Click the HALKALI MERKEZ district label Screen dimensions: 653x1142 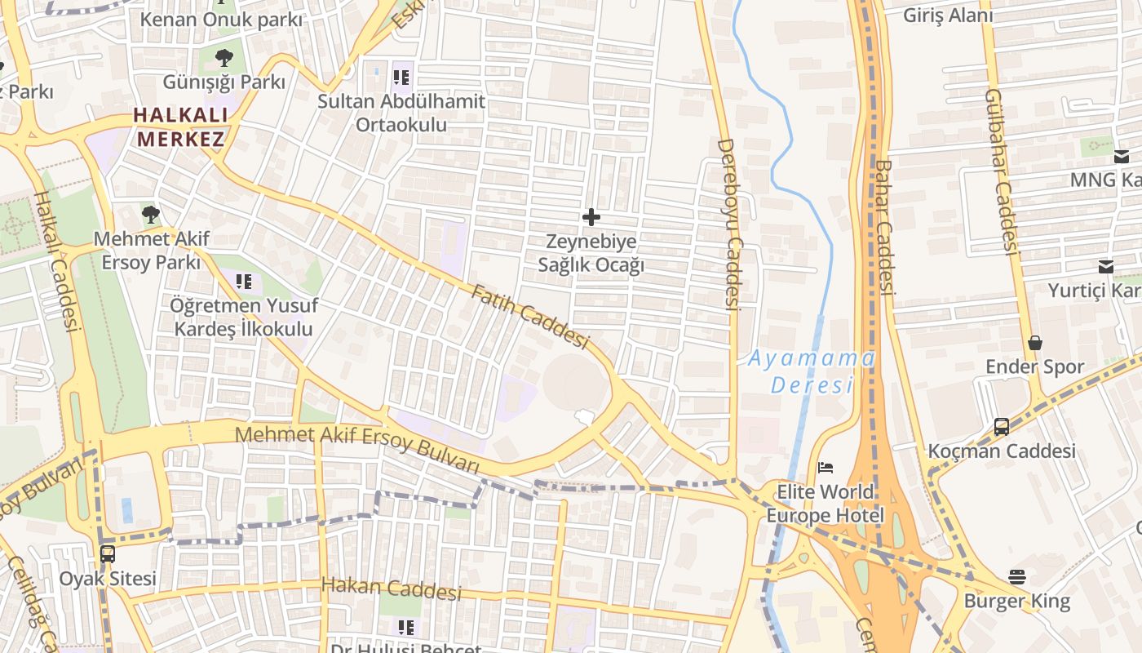coord(179,127)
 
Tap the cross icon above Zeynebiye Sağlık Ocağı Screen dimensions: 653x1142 coord(591,217)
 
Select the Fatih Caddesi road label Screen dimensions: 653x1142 coord(529,317)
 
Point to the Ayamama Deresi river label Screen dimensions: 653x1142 coord(812,371)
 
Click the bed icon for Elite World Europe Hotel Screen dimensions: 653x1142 coord(826,468)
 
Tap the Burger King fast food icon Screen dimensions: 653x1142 coord(1017,577)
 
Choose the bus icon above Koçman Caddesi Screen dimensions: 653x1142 coord(1002,426)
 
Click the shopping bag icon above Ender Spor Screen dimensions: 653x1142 coord(1035,343)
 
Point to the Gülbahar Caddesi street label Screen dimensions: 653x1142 coord(1002,172)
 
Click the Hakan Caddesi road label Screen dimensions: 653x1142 coord(391,588)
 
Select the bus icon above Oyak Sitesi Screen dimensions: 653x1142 coord(108,554)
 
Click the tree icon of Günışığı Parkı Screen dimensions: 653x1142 coord(224,58)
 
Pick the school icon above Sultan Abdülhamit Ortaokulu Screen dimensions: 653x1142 coord(401,78)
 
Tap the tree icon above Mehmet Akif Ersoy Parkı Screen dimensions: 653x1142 coord(151,215)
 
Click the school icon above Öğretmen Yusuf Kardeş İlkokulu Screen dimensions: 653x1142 coord(244,282)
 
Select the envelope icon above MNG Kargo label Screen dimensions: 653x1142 coord(1122,157)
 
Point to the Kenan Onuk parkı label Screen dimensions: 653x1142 coord(221,20)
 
